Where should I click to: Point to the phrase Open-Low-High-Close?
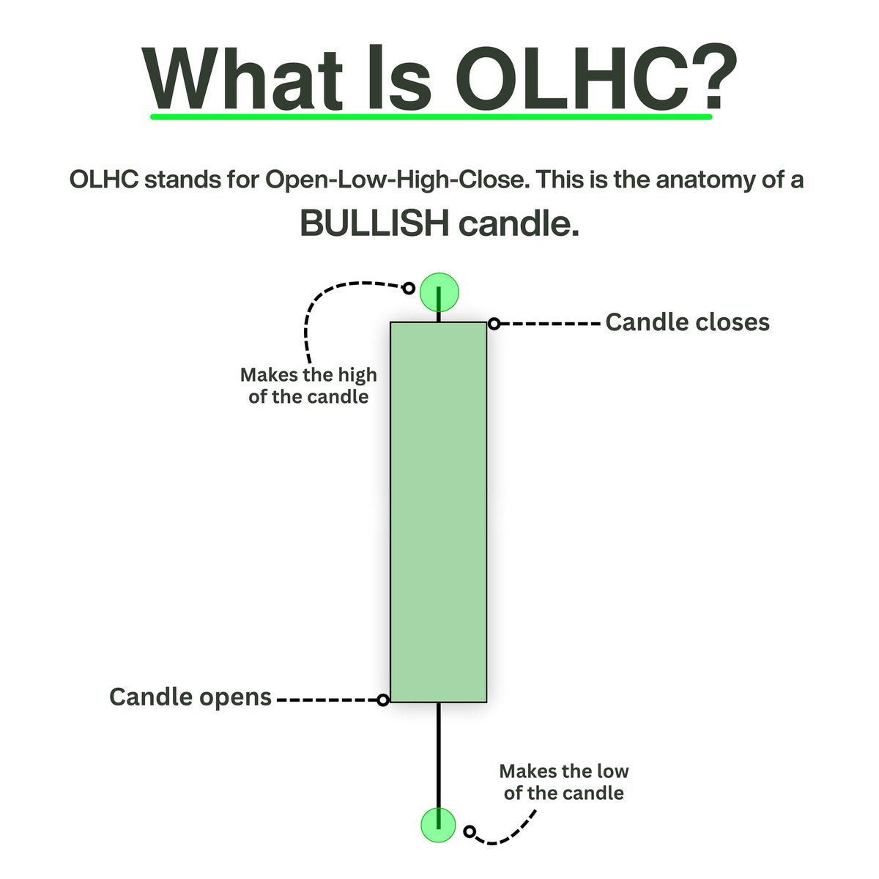pos(396,179)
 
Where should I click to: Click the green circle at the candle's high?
pos(439,292)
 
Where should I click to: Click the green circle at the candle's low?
pos(438,824)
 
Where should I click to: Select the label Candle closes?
pos(688,322)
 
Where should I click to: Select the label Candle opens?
pos(190,697)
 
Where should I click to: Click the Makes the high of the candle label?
pos(308,386)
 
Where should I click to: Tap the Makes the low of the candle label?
pos(564,782)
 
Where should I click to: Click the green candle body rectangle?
pos(438,513)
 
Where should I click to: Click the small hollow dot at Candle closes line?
pos(494,323)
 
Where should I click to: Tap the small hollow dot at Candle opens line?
pos(382,700)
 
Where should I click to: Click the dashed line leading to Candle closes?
pos(549,323)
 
